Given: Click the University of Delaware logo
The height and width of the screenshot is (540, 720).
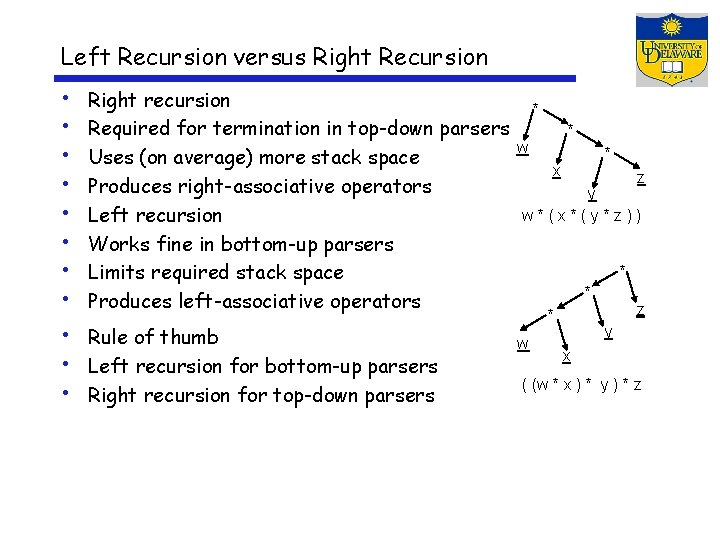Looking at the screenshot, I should point(671,50).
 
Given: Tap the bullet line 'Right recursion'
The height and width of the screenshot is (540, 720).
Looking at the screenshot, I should point(159,100).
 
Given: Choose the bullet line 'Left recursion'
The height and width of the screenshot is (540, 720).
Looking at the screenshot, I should point(155,215).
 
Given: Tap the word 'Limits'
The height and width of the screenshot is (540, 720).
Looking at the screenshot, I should point(116,272).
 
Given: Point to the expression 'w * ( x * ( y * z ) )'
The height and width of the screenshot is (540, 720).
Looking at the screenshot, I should point(581,216).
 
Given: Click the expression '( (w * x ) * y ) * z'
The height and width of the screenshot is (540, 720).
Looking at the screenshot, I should point(581,384).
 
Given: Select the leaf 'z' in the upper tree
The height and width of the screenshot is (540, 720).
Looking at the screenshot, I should point(640,179).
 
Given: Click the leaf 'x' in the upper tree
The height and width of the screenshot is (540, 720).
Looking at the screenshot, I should point(557,172).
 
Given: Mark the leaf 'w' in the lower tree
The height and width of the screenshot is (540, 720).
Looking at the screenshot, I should point(522,345).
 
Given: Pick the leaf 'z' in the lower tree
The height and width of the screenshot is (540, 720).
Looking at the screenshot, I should point(640,311).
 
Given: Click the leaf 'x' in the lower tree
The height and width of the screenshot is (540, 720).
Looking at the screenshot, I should point(566,356).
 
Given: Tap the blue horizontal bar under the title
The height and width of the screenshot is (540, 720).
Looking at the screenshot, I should point(318,78).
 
